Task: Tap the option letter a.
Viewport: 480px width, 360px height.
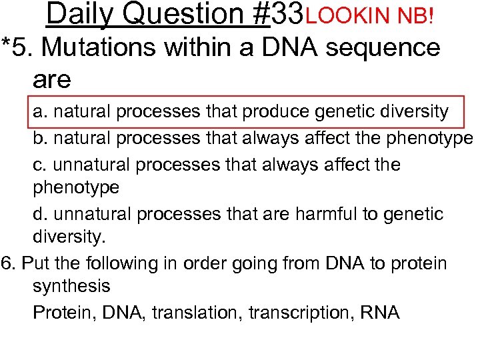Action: (x=39, y=111)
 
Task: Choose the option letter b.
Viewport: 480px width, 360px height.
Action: (x=39, y=138)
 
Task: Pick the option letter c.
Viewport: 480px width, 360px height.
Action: (x=39, y=165)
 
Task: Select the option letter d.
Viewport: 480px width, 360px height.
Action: (x=39, y=214)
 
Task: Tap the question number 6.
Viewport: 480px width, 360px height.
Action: (x=8, y=263)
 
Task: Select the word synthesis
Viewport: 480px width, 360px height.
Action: (x=71, y=287)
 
